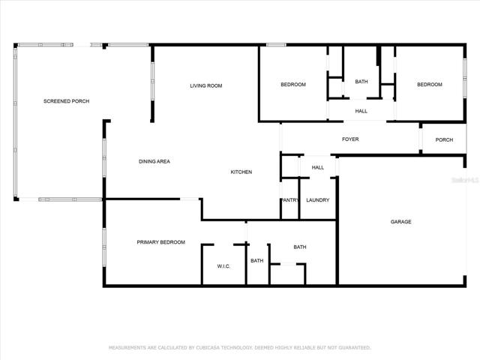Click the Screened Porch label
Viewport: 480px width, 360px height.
(67, 101)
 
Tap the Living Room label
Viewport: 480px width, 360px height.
(206, 85)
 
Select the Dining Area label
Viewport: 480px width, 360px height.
(154, 161)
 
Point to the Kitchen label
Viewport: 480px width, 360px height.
(241, 172)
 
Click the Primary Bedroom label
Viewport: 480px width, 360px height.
(161, 242)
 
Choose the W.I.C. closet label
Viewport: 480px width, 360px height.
(223, 266)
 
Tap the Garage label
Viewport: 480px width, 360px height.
(401, 222)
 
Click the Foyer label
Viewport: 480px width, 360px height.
(350, 139)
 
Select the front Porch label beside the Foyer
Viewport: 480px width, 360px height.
(444, 140)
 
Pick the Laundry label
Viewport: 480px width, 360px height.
(318, 200)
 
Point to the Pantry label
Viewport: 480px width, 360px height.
(290, 200)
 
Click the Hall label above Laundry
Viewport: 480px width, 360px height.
(318, 167)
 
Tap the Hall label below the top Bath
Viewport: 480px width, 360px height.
(361, 111)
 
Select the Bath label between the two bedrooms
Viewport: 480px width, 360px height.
(361, 82)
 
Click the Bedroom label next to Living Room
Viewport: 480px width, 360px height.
(293, 85)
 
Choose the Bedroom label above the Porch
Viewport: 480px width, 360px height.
(430, 85)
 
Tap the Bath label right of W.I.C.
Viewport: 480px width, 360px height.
(256, 261)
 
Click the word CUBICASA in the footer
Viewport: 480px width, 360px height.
(208, 348)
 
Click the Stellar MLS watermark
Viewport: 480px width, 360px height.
(465, 180)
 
